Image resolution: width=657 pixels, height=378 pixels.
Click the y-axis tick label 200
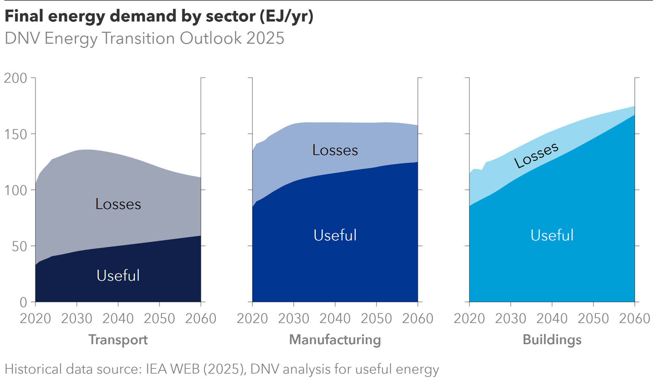pyautogui.click(x=15, y=78)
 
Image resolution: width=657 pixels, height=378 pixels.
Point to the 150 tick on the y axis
pyautogui.click(x=15, y=135)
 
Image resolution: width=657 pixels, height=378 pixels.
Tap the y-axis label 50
pyautogui.click(x=19, y=247)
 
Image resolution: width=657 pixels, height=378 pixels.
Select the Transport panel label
pyautogui.click(x=118, y=340)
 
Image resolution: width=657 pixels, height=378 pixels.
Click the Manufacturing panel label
pyautogui.click(x=335, y=340)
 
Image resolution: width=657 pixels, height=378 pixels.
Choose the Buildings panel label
pyautogui.click(x=552, y=340)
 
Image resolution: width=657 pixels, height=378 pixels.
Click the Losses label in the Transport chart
pyautogui.click(x=118, y=204)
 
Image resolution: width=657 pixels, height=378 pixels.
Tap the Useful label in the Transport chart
pyautogui.click(x=118, y=276)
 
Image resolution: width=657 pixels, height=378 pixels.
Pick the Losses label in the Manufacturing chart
pyautogui.click(x=335, y=150)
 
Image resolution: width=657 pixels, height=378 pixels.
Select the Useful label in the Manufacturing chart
pyautogui.click(x=335, y=235)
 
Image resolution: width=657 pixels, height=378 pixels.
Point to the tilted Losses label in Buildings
pyautogui.click(x=536, y=156)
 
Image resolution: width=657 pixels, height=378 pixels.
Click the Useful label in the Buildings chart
pyautogui.click(x=552, y=235)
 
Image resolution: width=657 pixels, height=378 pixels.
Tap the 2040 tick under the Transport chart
pyautogui.click(x=118, y=319)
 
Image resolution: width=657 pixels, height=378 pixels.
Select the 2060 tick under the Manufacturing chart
pyautogui.click(x=418, y=319)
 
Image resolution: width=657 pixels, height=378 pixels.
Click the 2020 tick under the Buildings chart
pyautogui.click(x=469, y=319)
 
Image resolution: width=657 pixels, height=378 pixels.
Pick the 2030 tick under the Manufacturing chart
pyautogui.click(x=293, y=319)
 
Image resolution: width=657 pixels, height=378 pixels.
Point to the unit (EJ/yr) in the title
pyautogui.click(x=286, y=16)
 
